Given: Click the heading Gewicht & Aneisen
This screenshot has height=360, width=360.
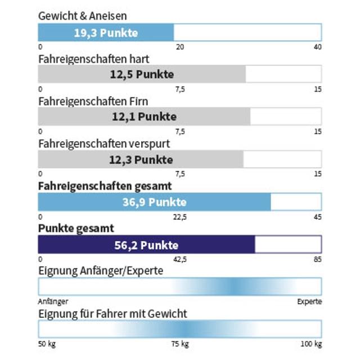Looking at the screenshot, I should [82, 16].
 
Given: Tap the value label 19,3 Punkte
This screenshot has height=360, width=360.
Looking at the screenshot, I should [106, 33].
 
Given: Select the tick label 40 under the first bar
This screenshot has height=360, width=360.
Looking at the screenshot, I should [318, 47].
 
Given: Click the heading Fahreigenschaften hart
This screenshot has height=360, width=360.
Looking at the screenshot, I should [94, 58].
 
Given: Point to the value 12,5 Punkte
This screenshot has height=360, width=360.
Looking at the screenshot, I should [142, 74].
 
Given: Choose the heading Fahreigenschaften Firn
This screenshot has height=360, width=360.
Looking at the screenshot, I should [93, 101].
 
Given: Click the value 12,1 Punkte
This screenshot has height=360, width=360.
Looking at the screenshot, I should [144, 117].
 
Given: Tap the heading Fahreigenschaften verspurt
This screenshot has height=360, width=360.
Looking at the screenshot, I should [104, 143].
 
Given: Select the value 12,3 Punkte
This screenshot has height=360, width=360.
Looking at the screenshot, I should [141, 160].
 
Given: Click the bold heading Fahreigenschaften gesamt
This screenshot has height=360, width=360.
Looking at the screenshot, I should [105, 186].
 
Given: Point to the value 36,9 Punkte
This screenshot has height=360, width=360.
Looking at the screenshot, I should [154, 202].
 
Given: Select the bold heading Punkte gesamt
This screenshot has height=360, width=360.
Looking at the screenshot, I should [76, 228].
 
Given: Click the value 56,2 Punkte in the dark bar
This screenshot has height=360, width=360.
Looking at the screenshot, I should [146, 245].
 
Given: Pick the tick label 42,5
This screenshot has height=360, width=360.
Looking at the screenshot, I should [180, 259].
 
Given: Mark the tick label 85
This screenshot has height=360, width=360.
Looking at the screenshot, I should [318, 259].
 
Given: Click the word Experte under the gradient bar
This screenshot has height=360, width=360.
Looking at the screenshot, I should [310, 301].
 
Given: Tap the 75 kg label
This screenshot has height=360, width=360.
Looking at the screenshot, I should [180, 344].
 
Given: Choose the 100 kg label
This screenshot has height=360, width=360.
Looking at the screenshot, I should [311, 344].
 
